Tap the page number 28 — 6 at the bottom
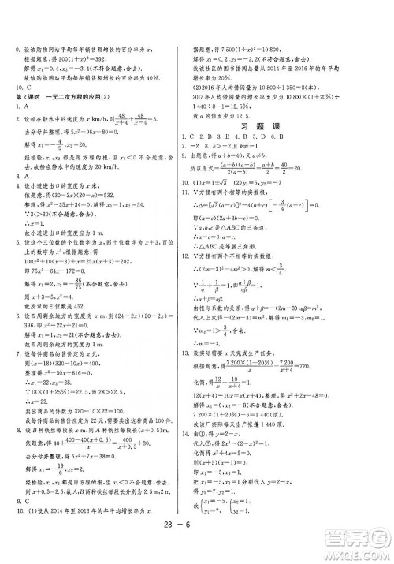click(197, 544)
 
